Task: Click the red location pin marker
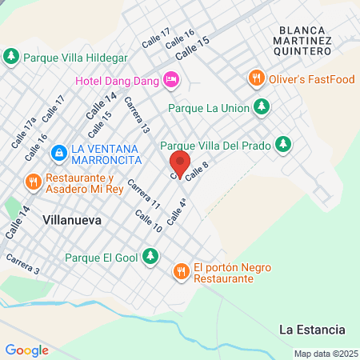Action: point(180,163)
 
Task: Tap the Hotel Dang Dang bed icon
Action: point(170,79)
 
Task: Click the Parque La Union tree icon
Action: point(261,106)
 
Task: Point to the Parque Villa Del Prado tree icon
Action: point(282,144)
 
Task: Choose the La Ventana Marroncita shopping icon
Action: point(58,152)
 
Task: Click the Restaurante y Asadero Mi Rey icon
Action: point(33,181)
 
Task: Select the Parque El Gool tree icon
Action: point(150,257)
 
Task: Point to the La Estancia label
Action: point(312,330)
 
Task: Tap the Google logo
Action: point(26,350)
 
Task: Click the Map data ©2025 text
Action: point(324,354)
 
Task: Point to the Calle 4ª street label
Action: point(177,211)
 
